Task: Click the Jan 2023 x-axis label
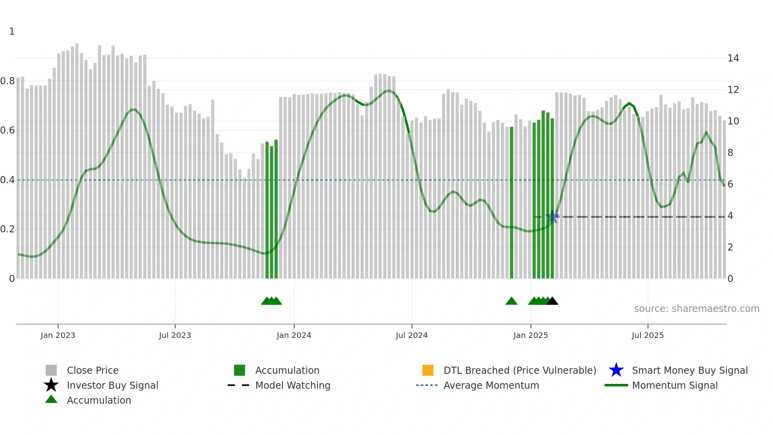pos(58,335)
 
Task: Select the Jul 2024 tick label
pos(412,335)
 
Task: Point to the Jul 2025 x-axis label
pos(648,335)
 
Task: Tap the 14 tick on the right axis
pos(733,58)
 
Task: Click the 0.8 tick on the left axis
pos(7,81)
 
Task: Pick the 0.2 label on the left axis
pos(7,229)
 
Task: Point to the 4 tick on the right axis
pos(730,216)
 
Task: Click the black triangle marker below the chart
pos(552,301)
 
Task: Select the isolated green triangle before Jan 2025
pos(511,301)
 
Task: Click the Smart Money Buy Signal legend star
pos(616,370)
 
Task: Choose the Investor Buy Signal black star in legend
pos(51,385)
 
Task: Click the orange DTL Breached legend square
pos(428,370)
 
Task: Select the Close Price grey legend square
pos(51,370)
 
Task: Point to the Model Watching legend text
pos(293,385)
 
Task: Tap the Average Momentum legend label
pos(491,385)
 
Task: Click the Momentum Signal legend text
pos(675,385)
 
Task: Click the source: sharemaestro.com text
pos(696,309)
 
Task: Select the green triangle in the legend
pos(51,399)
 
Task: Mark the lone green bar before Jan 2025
pos(512,203)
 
